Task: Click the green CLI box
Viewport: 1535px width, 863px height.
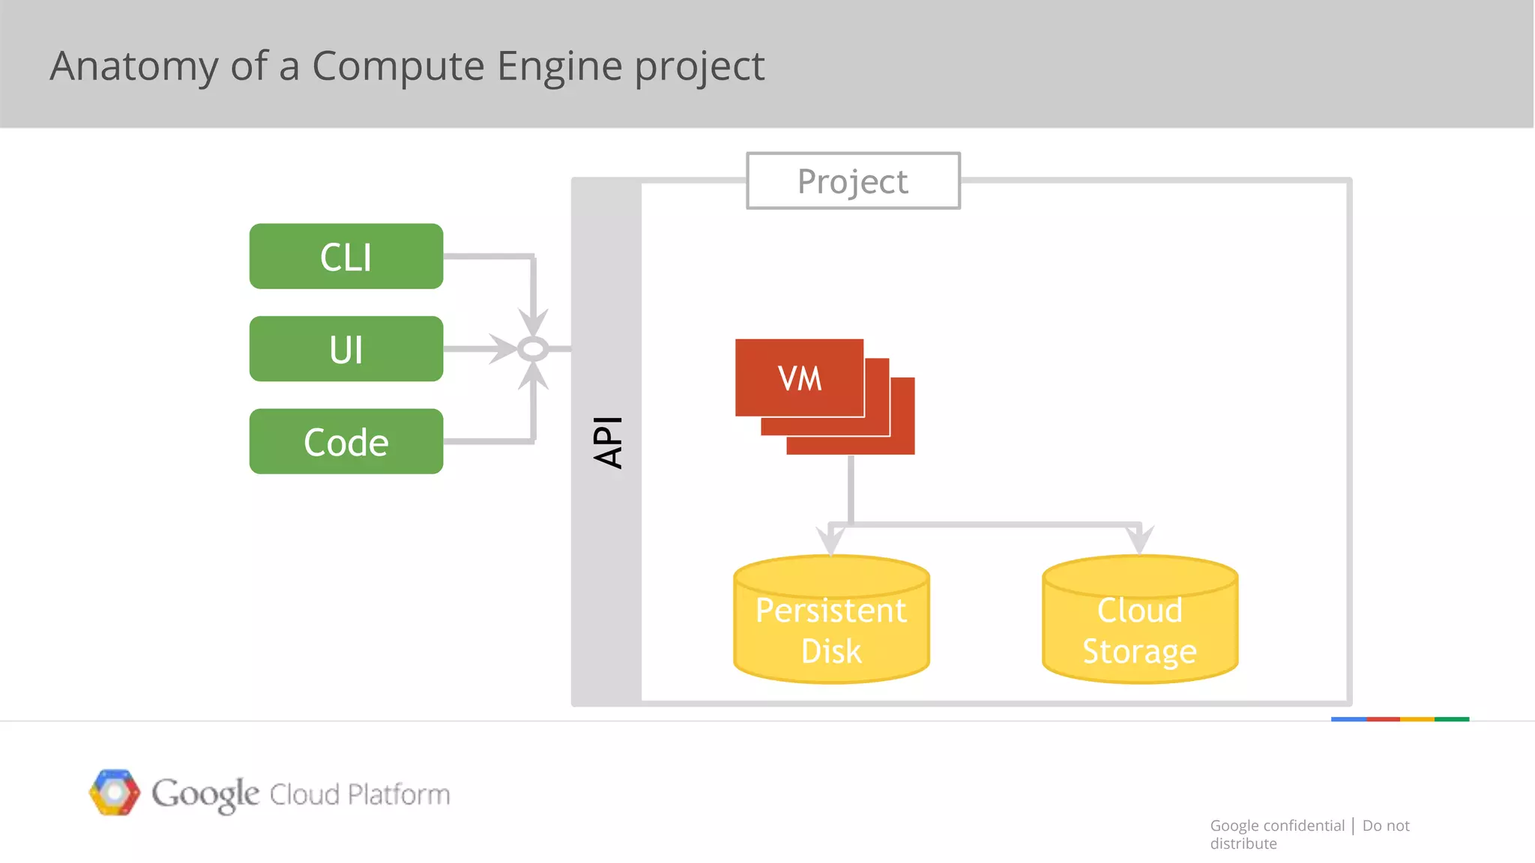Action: [346, 256]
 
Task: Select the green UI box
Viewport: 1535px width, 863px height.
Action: [346, 349]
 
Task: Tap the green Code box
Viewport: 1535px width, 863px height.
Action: [346, 441]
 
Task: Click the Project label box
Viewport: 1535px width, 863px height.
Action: [853, 181]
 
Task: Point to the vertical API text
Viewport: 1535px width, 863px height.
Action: [608, 442]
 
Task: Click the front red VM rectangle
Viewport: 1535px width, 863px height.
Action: [799, 378]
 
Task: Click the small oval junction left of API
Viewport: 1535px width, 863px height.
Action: [533, 349]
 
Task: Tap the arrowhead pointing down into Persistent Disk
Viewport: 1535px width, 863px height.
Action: [830, 539]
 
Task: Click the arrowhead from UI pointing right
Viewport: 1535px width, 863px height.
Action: [502, 349]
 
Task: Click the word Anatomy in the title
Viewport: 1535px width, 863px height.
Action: [133, 66]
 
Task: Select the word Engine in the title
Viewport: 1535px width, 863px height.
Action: [559, 66]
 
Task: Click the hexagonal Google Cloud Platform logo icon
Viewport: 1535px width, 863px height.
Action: [115, 792]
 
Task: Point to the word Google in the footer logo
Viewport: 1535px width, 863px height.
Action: [205, 793]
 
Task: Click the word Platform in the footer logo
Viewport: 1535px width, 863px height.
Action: [399, 794]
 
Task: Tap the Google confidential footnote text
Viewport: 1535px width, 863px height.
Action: [1277, 826]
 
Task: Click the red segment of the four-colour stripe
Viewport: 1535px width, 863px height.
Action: [1383, 719]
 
